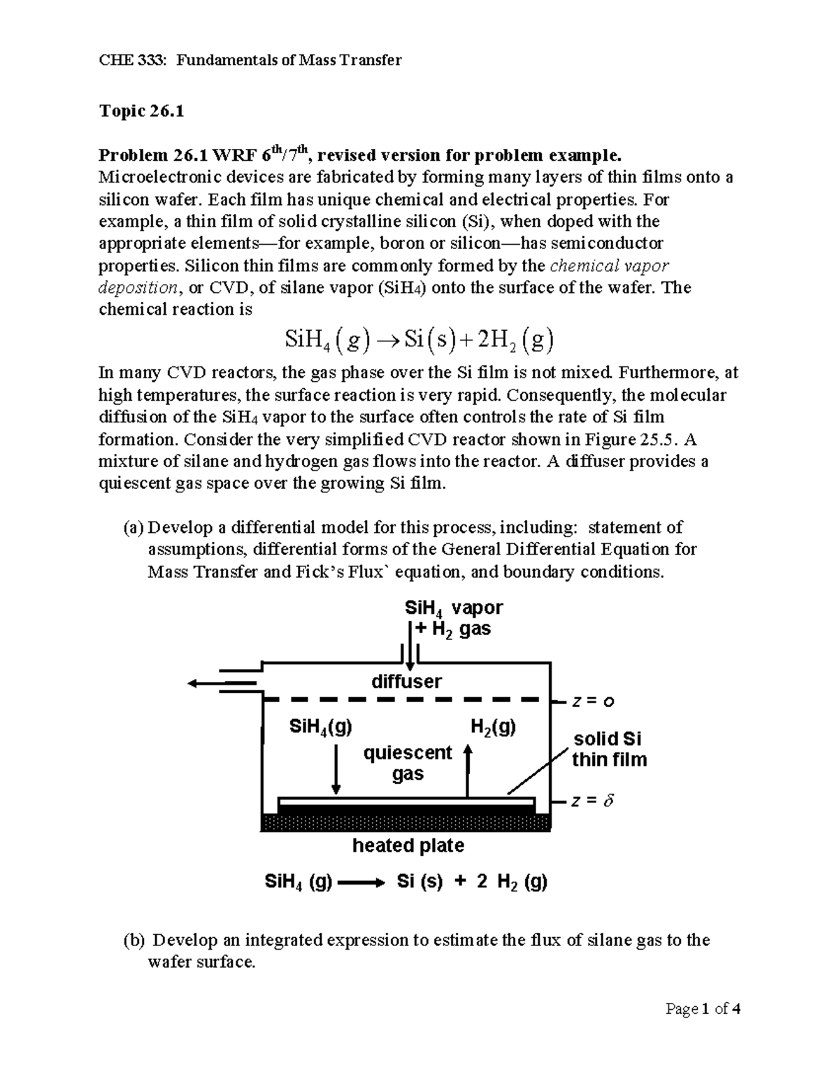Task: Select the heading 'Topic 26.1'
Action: pos(141,111)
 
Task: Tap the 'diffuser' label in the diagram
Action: pos(406,681)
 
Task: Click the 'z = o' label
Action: pos(593,701)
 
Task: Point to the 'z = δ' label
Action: pos(592,801)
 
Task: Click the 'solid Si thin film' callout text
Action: pos(608,750)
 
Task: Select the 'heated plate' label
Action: pos(408,845)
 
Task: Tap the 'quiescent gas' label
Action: pos(408,763)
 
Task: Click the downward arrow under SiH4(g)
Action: pos(336,769)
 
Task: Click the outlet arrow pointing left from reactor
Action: pos(217,683)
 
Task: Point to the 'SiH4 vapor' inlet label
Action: pos(453,608)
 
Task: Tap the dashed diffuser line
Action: pos(406,699)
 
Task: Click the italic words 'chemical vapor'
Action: pos(610,266)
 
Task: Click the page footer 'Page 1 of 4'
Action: pos(703,1008)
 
